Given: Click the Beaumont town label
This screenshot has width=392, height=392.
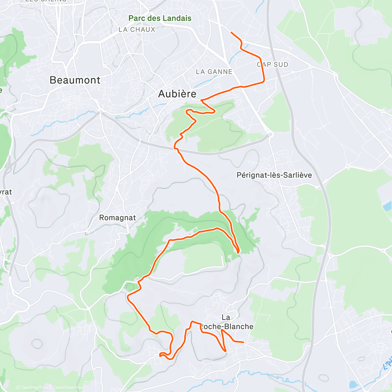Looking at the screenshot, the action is point(75,80).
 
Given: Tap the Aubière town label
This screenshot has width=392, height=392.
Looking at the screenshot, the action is point(177,94).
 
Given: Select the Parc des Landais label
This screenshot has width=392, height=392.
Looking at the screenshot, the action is point(160,18).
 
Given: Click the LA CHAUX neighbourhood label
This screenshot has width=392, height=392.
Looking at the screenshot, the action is point(137,29).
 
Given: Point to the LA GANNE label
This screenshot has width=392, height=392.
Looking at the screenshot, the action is point(214,72).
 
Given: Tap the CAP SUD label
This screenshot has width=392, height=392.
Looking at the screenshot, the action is point(272,65).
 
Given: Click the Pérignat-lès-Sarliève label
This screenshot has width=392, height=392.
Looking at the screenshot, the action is point(274,175).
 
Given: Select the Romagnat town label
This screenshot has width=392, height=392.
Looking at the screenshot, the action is point(117,218).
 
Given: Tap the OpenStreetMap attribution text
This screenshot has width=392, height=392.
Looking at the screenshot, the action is point(68,388).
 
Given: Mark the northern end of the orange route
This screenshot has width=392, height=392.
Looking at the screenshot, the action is point(231,32).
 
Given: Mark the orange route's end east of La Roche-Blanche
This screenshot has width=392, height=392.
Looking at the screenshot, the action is point(243,342).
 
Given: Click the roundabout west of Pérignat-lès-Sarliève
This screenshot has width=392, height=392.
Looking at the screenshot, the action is point(270,134).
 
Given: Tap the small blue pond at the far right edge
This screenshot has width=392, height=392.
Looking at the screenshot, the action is point(387,206).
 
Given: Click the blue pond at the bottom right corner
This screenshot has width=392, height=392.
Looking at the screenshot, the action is point(353,384).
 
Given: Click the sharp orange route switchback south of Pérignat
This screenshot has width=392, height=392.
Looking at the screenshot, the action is point(238,252).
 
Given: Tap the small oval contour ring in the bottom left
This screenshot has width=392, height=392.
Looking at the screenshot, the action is point(37,343).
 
